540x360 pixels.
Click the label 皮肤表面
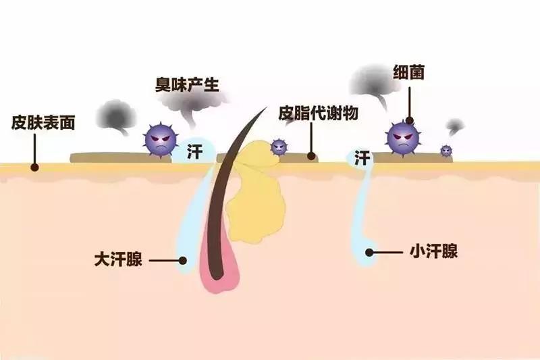pos(43,122)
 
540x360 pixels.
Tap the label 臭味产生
pos(187,84)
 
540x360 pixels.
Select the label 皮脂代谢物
pos(318,113)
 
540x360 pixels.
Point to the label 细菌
pos(408,73)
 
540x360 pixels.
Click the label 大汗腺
pos(118,259)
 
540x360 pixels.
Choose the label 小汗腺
pos(433,251)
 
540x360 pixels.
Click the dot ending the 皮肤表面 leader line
pos(34,168)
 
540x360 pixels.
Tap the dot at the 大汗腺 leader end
pos(183,261)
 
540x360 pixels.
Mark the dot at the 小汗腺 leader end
pos(369,253)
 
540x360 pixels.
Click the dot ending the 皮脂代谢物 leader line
pos(311,156)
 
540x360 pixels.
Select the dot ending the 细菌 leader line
pos(410,120)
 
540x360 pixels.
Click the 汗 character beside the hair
pos(195,151)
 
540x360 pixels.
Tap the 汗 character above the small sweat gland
pos(362,158)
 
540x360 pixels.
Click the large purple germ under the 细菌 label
pos(403,138)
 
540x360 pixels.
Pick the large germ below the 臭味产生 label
pos(161,140)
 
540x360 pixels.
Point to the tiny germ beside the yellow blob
pos(279,147)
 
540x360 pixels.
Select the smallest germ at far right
pos(446,150)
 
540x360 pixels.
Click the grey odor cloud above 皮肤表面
pos(116,116)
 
